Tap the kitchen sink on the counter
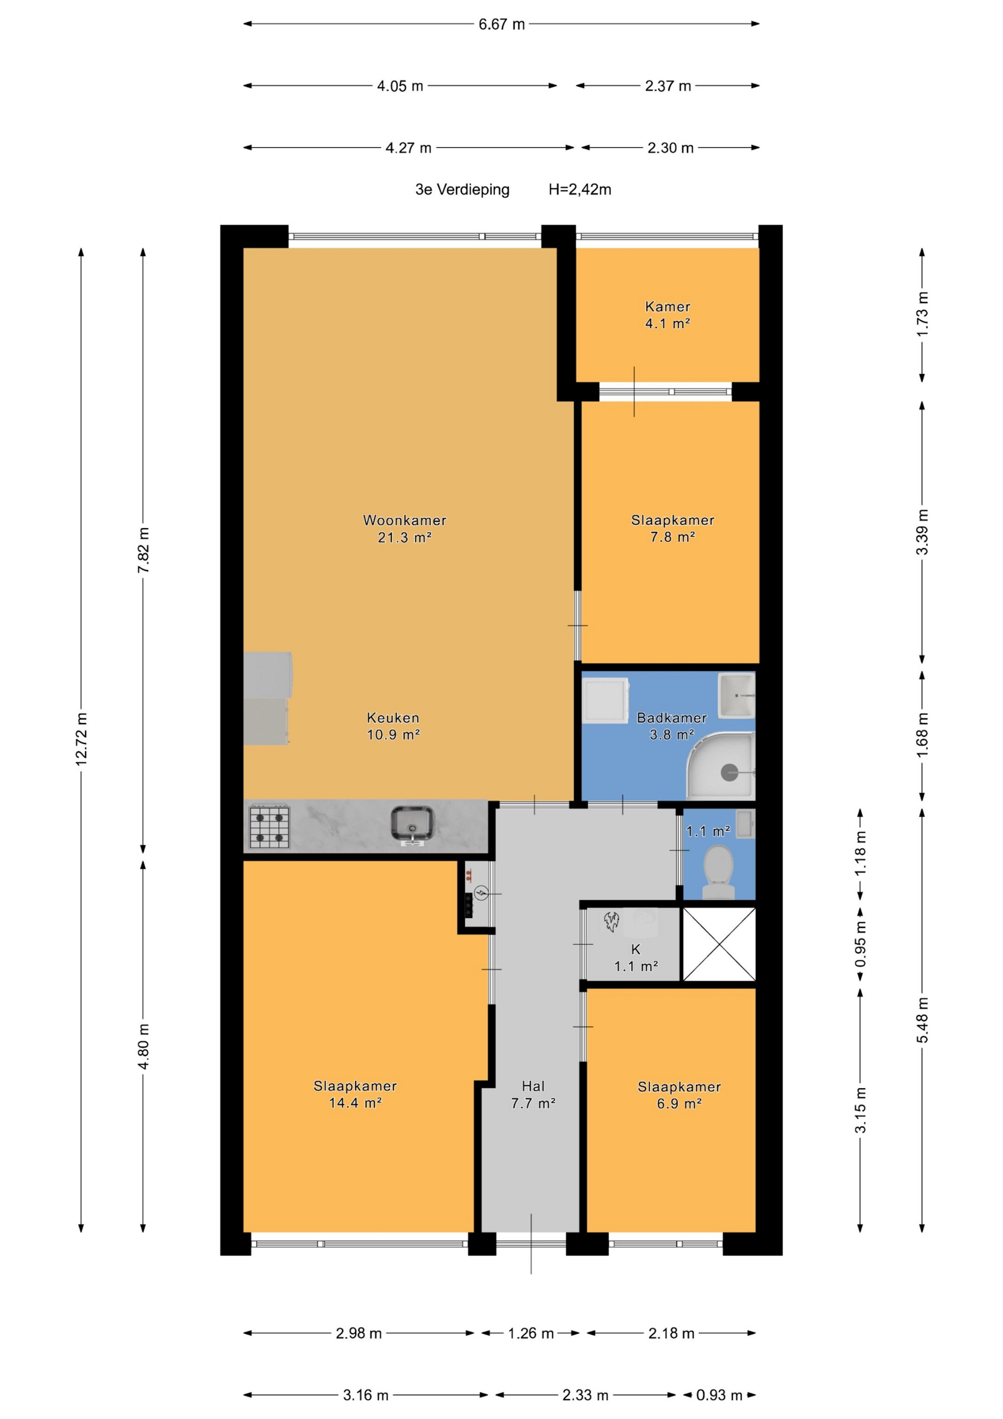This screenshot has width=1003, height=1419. (x=412, y=825)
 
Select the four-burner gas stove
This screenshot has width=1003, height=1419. (x=270, y=825)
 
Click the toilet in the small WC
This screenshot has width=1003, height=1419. (x=718, y=871)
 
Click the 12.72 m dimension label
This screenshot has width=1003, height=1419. (x=81, y=739)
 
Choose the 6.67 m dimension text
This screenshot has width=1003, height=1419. (x=501, y=24)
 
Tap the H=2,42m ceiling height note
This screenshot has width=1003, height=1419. (x=580, y=190)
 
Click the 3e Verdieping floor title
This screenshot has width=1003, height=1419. (x=462, y=190)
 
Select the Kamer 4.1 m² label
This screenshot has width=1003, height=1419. (x=668, y=315)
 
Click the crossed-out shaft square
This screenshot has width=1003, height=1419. (x=719, y=944)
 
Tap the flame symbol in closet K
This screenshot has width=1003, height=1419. (x=612, y=922)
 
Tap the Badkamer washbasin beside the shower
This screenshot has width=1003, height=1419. (x=737, y=695)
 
